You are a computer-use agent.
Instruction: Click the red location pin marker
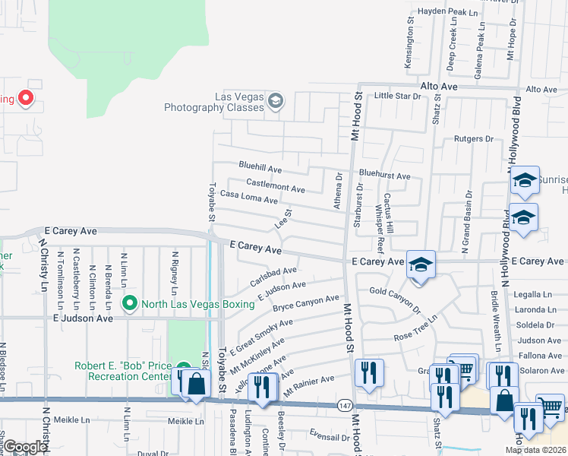(25, 98)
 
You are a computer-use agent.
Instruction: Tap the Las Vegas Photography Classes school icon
(275, 101)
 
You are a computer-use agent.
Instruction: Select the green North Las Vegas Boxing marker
(130, 305)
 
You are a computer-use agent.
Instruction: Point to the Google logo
(26, 447)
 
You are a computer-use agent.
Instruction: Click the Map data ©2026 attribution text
(535, 450)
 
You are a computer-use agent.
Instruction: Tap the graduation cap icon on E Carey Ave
(420, 264)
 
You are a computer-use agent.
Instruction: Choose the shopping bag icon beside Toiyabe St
(196, 382)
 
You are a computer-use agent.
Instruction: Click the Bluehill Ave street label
(260, 166)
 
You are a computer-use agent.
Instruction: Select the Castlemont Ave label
(276, 185)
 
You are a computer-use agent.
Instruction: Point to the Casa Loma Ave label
(248, 196)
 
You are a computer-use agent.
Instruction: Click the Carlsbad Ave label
(273, 275)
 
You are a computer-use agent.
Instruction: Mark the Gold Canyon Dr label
(395, 299)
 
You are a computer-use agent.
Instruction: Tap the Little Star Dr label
(397, 96)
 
